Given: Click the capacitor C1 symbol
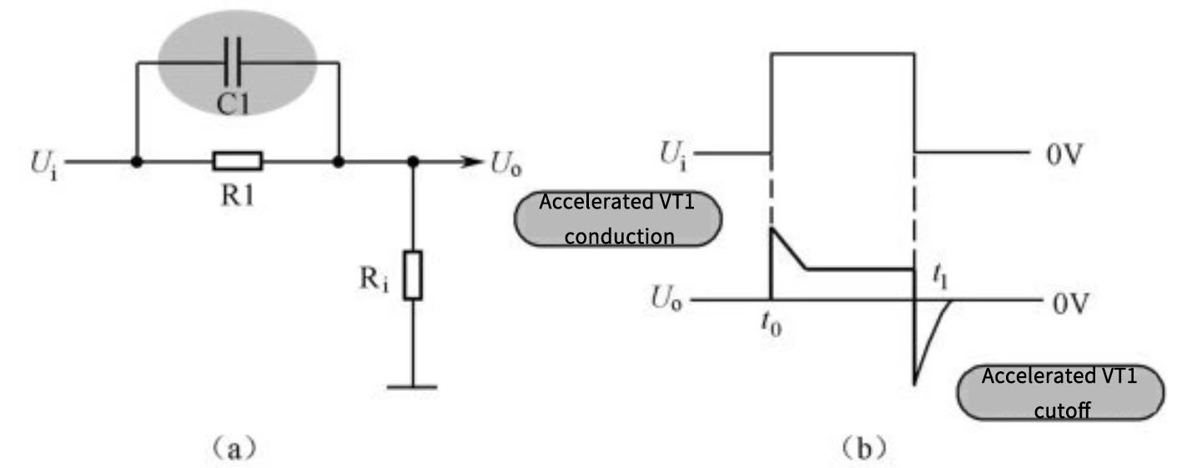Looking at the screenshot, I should [236, 61].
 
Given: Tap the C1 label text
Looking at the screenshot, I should [236, 102].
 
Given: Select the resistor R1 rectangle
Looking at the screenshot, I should [238, 161].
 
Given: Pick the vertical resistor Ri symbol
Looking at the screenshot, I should [413, 274].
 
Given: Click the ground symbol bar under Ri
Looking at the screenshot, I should [413, 386].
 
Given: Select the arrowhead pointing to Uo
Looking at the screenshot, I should [471, 161].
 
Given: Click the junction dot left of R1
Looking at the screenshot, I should [135, 161].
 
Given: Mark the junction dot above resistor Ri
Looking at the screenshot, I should [413, 161].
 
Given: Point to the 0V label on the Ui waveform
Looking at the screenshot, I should [1066, 155].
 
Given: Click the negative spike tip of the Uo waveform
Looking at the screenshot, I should [915, 384].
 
